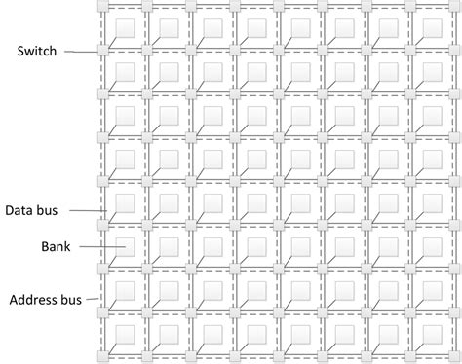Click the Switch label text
click(36, 51)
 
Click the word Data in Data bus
click(21, 209)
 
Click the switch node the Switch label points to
click(101, 51)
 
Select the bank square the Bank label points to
click(123, 247)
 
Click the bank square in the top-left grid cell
click(124, 26)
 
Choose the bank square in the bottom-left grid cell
click(124, 335)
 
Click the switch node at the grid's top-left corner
click(101, 6)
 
